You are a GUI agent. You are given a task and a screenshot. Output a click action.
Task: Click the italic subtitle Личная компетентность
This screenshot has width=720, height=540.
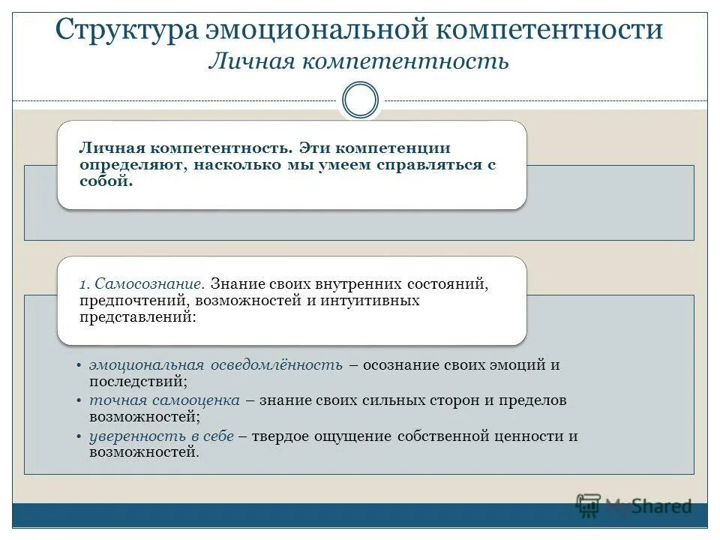(x=358, y=61)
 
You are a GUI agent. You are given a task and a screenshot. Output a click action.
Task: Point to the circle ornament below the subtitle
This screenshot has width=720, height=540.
(x=360, y=100)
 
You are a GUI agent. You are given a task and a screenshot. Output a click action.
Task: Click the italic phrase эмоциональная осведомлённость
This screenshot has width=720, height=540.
(x=216, y=365)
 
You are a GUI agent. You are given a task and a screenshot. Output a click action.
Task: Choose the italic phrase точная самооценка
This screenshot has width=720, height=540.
(x=164, y=400)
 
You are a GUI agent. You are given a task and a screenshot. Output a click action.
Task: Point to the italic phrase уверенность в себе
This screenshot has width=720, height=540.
(x=162, y=436)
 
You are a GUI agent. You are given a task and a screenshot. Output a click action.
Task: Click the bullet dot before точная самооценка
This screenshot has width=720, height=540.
(x=79, y=401)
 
